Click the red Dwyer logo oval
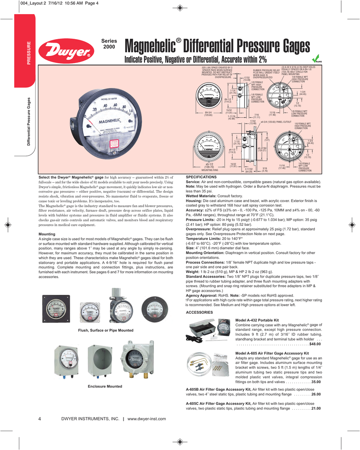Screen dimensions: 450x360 [x=65, y=51]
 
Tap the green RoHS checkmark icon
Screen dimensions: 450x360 [x=315, y=58]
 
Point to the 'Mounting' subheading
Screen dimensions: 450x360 [x=47, y=234]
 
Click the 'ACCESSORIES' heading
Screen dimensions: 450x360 [x=200, y=312]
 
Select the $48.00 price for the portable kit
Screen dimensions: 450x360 [x=315, y=344]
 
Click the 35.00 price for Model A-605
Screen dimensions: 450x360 [x=316, y=382]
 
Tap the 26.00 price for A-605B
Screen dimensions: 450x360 [x=316, y=394]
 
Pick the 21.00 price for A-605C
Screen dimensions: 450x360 [x=316, y=408]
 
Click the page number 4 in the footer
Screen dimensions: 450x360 [x=40, y=419]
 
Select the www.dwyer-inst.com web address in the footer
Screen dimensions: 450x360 [x=146, y=419]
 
